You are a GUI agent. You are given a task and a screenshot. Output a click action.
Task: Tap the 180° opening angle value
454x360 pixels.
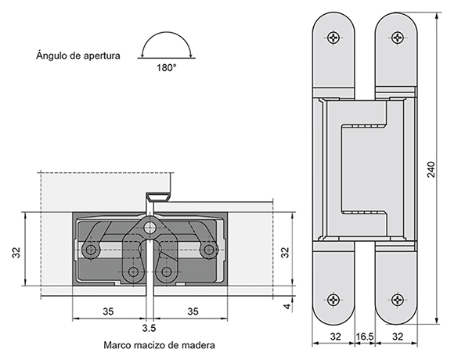click(166, 68)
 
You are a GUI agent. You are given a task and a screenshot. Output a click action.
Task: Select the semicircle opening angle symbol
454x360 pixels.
click(166, 45)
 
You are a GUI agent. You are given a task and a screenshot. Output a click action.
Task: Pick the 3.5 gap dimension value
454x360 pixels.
click(149, 328)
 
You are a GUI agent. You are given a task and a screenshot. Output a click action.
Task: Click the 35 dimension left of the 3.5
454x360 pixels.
click(108, 311)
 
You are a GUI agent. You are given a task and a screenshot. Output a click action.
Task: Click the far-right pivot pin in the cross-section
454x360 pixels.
click(208, 250)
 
